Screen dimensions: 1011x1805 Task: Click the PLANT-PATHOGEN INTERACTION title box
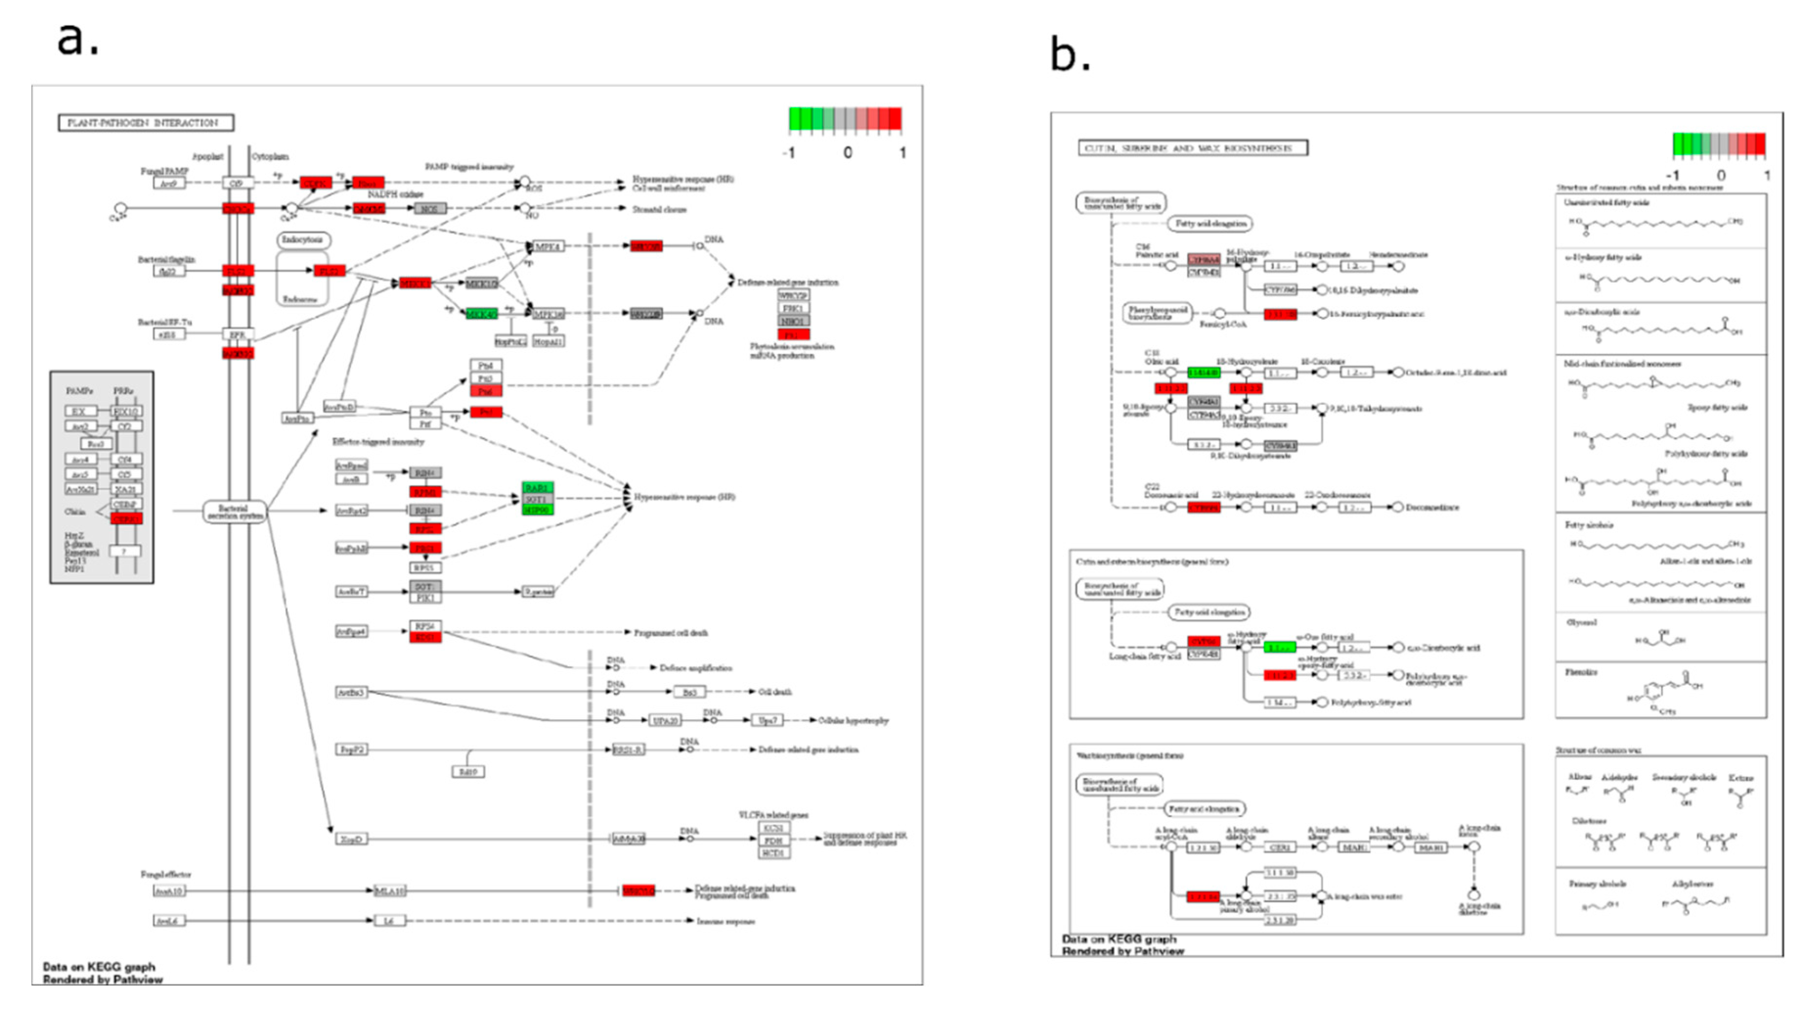coord(146,123)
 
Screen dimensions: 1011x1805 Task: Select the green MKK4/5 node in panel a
coord(482,314)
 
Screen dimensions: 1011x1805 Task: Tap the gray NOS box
coord(430,209)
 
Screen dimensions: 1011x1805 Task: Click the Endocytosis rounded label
coord(303,241)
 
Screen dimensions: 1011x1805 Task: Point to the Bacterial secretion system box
coord(235,511)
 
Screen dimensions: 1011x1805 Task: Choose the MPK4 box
coord(548,246)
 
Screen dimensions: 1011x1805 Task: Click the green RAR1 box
coord(538,487)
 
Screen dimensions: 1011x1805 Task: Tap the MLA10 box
coord(390,891)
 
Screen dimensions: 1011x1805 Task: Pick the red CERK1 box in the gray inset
coord(127,519)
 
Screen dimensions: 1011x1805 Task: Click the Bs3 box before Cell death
coord(690,692)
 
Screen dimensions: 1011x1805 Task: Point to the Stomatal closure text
coord(659,210)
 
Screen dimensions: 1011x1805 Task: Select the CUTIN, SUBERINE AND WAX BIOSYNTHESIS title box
coord(1193,148)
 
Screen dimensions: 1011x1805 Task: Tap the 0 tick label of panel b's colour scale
coord(1721,175)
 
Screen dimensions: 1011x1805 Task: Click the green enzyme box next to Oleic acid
coord(1204,373)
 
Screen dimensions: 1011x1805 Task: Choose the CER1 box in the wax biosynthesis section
coord(1280,847)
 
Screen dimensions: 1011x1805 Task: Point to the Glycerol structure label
coord(1582,622)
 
